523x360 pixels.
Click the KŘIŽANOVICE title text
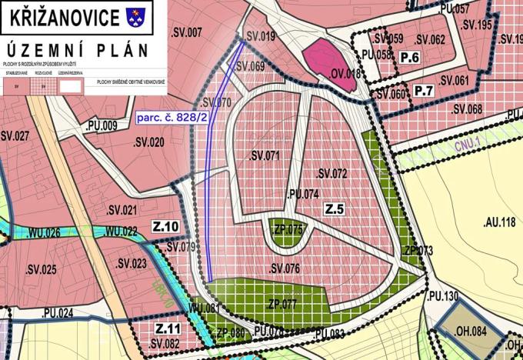pos(65,15)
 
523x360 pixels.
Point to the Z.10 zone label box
pos(165,227)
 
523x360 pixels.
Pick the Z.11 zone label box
pos(168,328)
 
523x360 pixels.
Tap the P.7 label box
pos(424,92)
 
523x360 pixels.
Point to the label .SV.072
pos(330,174)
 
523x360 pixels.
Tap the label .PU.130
pos(441,295)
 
